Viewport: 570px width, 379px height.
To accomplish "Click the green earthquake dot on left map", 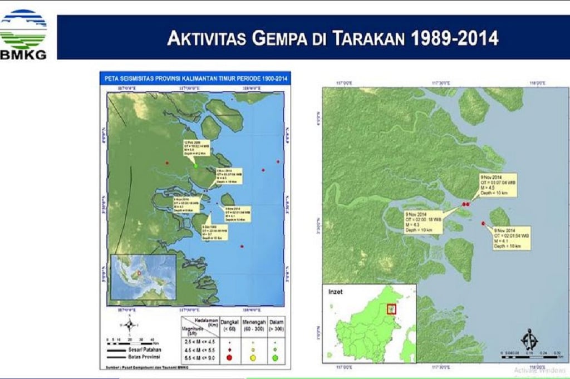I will (196, 165).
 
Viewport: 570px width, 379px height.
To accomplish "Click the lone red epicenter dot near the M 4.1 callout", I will (483, 223).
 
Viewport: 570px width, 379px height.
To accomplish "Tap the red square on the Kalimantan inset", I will (391, 308).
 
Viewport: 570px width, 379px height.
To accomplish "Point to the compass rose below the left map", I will (129, 325).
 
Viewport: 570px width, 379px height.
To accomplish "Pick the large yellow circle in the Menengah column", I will (253, 358).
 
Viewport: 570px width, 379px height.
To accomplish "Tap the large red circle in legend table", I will (229, 358).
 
